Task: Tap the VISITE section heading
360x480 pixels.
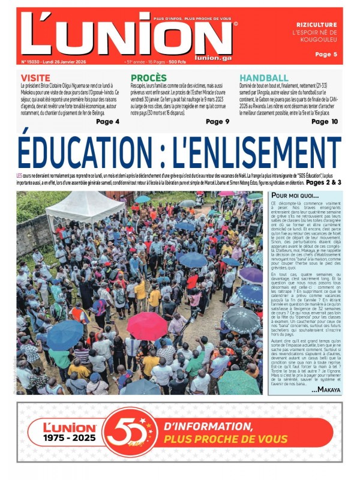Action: [35, 78]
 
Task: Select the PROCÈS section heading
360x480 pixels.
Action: [149, 78]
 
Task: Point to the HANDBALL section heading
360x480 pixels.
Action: [263, 78]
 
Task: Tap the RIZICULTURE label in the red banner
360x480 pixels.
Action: [317, 25]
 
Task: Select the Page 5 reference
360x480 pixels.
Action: [326, 54]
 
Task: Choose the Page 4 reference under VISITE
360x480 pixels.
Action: [107, 122]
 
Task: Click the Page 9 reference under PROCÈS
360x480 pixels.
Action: [217, 122]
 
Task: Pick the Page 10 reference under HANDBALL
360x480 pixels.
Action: [325, 122]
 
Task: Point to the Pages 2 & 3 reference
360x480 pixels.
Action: [323, 182]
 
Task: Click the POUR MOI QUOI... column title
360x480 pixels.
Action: [295, 196]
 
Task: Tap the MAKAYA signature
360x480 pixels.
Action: [325, 390]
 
